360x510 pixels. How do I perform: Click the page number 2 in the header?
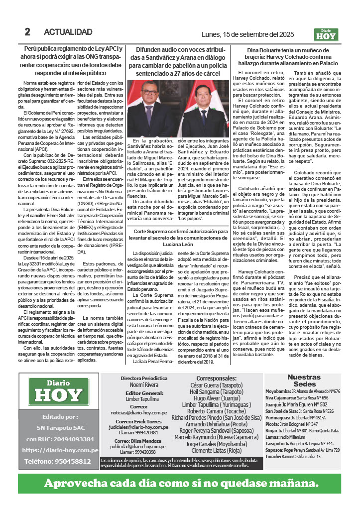coord(28,32)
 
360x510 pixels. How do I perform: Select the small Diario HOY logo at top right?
coord(326,34)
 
